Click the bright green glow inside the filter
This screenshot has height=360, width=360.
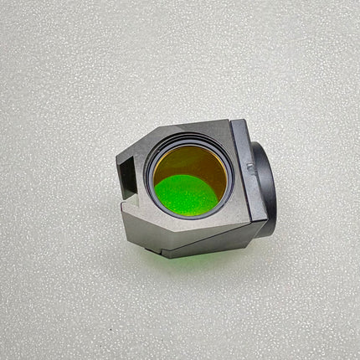tap(186, 194)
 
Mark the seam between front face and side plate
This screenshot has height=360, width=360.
tap(237, 176)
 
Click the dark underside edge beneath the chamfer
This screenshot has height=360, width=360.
tap(209, 245)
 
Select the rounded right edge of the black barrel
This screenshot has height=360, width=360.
tap(275, 188)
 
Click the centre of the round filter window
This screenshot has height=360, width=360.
tap(190, 179)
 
